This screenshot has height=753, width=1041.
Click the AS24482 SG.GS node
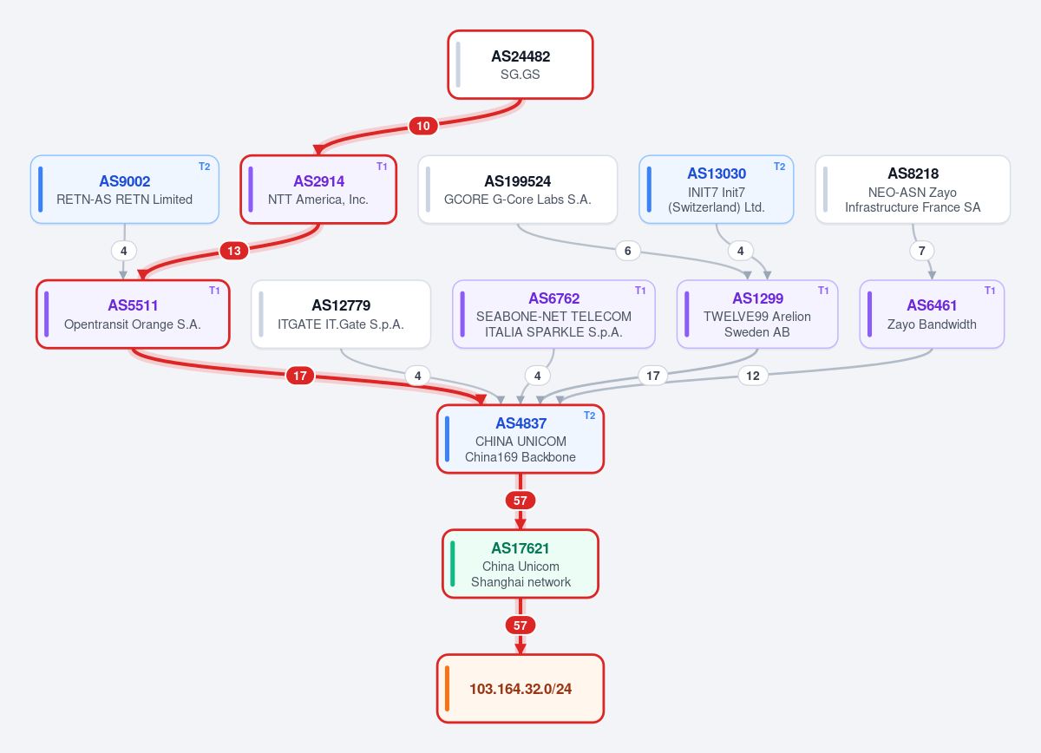coord(520,64)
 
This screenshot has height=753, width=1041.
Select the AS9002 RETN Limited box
coord(125,189)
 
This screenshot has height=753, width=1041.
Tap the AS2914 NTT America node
coord(318,189)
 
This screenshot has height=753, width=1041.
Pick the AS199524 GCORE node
coord(518,189)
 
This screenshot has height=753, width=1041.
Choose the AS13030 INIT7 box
coord(717,189)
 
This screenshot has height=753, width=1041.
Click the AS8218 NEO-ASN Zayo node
coord(913,189)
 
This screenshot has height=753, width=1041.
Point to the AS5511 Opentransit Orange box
coord(133,314)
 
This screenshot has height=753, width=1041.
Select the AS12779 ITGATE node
coord(341,314)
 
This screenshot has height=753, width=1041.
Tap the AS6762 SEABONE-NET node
coord(553,314)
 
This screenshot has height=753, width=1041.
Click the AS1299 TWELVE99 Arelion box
coord(757,314)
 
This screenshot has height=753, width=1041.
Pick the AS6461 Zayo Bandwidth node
coord(932,314)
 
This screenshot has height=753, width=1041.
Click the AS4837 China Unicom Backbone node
coord(520,439)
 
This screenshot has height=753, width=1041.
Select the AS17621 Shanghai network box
coord(520,564)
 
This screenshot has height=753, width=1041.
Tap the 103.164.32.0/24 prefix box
coord(520,689)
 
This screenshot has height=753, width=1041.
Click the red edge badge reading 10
coord(423,126)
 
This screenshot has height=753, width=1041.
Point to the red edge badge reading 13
coord(233,251)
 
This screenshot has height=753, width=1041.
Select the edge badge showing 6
coord(628,251)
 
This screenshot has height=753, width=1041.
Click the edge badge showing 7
coord(922,251)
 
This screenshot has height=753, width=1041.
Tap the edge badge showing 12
coord(753,376)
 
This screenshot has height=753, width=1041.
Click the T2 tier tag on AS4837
coord(589,416)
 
